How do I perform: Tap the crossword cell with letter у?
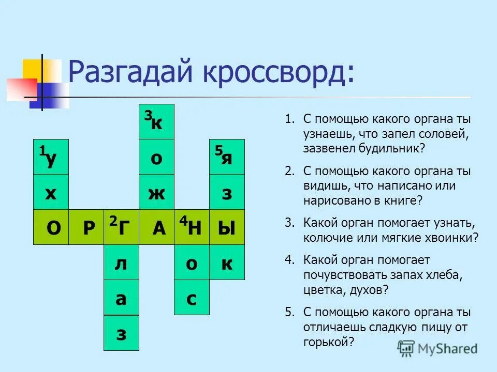click(51, 157)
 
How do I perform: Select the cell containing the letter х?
click(51, 192)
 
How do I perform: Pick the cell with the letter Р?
click(86, 227)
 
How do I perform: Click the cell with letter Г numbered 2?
click(121, 227)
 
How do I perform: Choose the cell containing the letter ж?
click(156, 192)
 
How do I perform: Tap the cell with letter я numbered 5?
click(227, 157)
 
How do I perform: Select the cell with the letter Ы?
click(227, 227)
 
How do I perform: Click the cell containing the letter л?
click(121, 262)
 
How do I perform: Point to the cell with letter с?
click(192, 298)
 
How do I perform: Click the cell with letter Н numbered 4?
click(192, 227)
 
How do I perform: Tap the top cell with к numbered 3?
click(156, 122)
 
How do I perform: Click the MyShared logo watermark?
click(438, 349)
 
